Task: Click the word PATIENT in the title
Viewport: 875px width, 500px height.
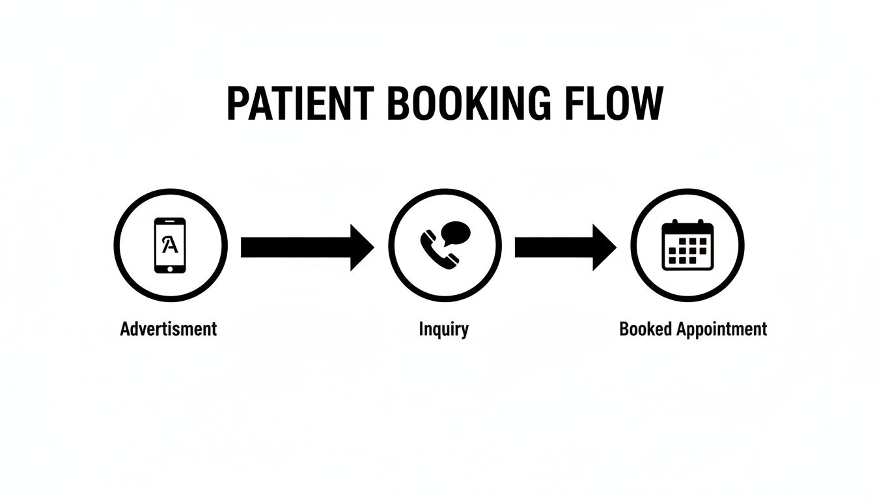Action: coord(299,104)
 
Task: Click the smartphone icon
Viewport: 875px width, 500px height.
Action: coord(170,245)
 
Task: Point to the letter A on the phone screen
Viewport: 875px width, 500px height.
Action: coord(169,244)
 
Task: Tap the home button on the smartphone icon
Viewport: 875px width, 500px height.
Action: coord(170,268)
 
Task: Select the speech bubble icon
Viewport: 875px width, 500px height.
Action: coord(454,232)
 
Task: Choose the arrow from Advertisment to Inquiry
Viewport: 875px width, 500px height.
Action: coord(306,247)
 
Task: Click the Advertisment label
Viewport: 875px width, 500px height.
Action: coord(168,329)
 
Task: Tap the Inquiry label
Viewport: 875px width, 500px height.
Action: coord(443,329)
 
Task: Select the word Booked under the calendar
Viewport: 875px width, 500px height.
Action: coord(646,329)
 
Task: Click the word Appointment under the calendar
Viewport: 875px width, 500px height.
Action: coord(721,329)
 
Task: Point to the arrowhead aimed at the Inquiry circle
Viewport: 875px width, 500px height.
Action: coord(361,247)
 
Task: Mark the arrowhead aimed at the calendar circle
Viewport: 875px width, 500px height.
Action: coord(603,247)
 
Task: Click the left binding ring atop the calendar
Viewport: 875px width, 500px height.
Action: coord(675,223)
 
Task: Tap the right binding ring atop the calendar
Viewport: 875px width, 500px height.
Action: coord(701,223)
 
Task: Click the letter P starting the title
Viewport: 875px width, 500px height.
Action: coord(237,104)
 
